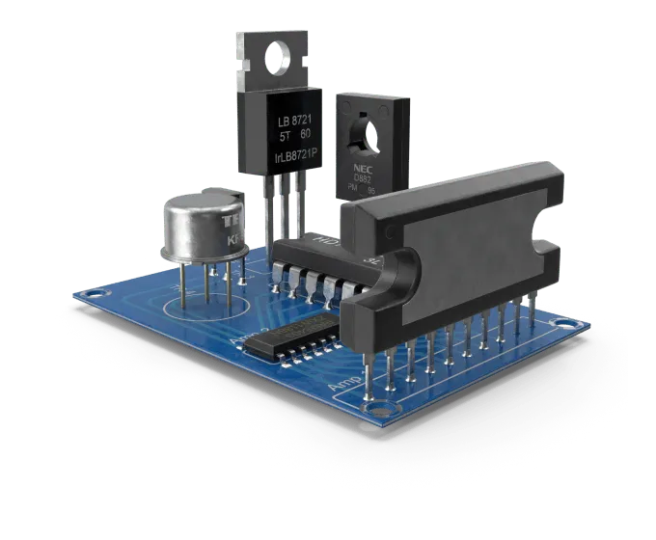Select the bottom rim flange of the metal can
(x=203, y=255)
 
